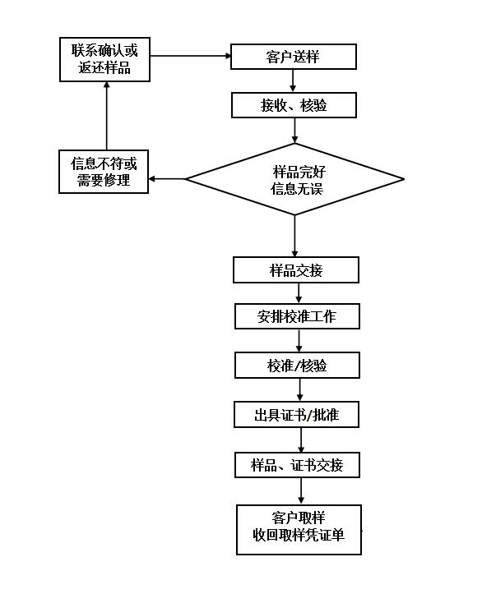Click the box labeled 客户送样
click(x=294, y=57)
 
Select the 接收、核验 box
click(x=294, y=105)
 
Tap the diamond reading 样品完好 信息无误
click(x=295, y=179)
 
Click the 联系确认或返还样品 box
click(x=104, y=60)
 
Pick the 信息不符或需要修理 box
click(x=104, y=172)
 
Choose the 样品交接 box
click(x=296, y=270)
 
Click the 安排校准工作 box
click(x=297, y=316)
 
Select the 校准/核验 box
click(x=297, y=365)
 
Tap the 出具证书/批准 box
click(x=296, y=415)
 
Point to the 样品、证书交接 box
click(x=297, y=465)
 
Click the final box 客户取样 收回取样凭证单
click(x=299, y=530)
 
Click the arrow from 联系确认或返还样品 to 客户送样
click(x=190, y=56)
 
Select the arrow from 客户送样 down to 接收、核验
click(x=293, y=81)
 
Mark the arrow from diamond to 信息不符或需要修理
click(x=167, y=179)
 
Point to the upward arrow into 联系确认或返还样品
click(x=107, y=116)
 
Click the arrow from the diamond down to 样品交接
click(x=295, y=236)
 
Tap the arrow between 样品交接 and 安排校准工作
click(x=299, y=293)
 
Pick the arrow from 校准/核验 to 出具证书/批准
click(x=300, y=390)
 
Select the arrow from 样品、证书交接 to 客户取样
click(x=301, y=491)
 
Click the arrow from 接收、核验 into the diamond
click(x=295, y=131)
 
